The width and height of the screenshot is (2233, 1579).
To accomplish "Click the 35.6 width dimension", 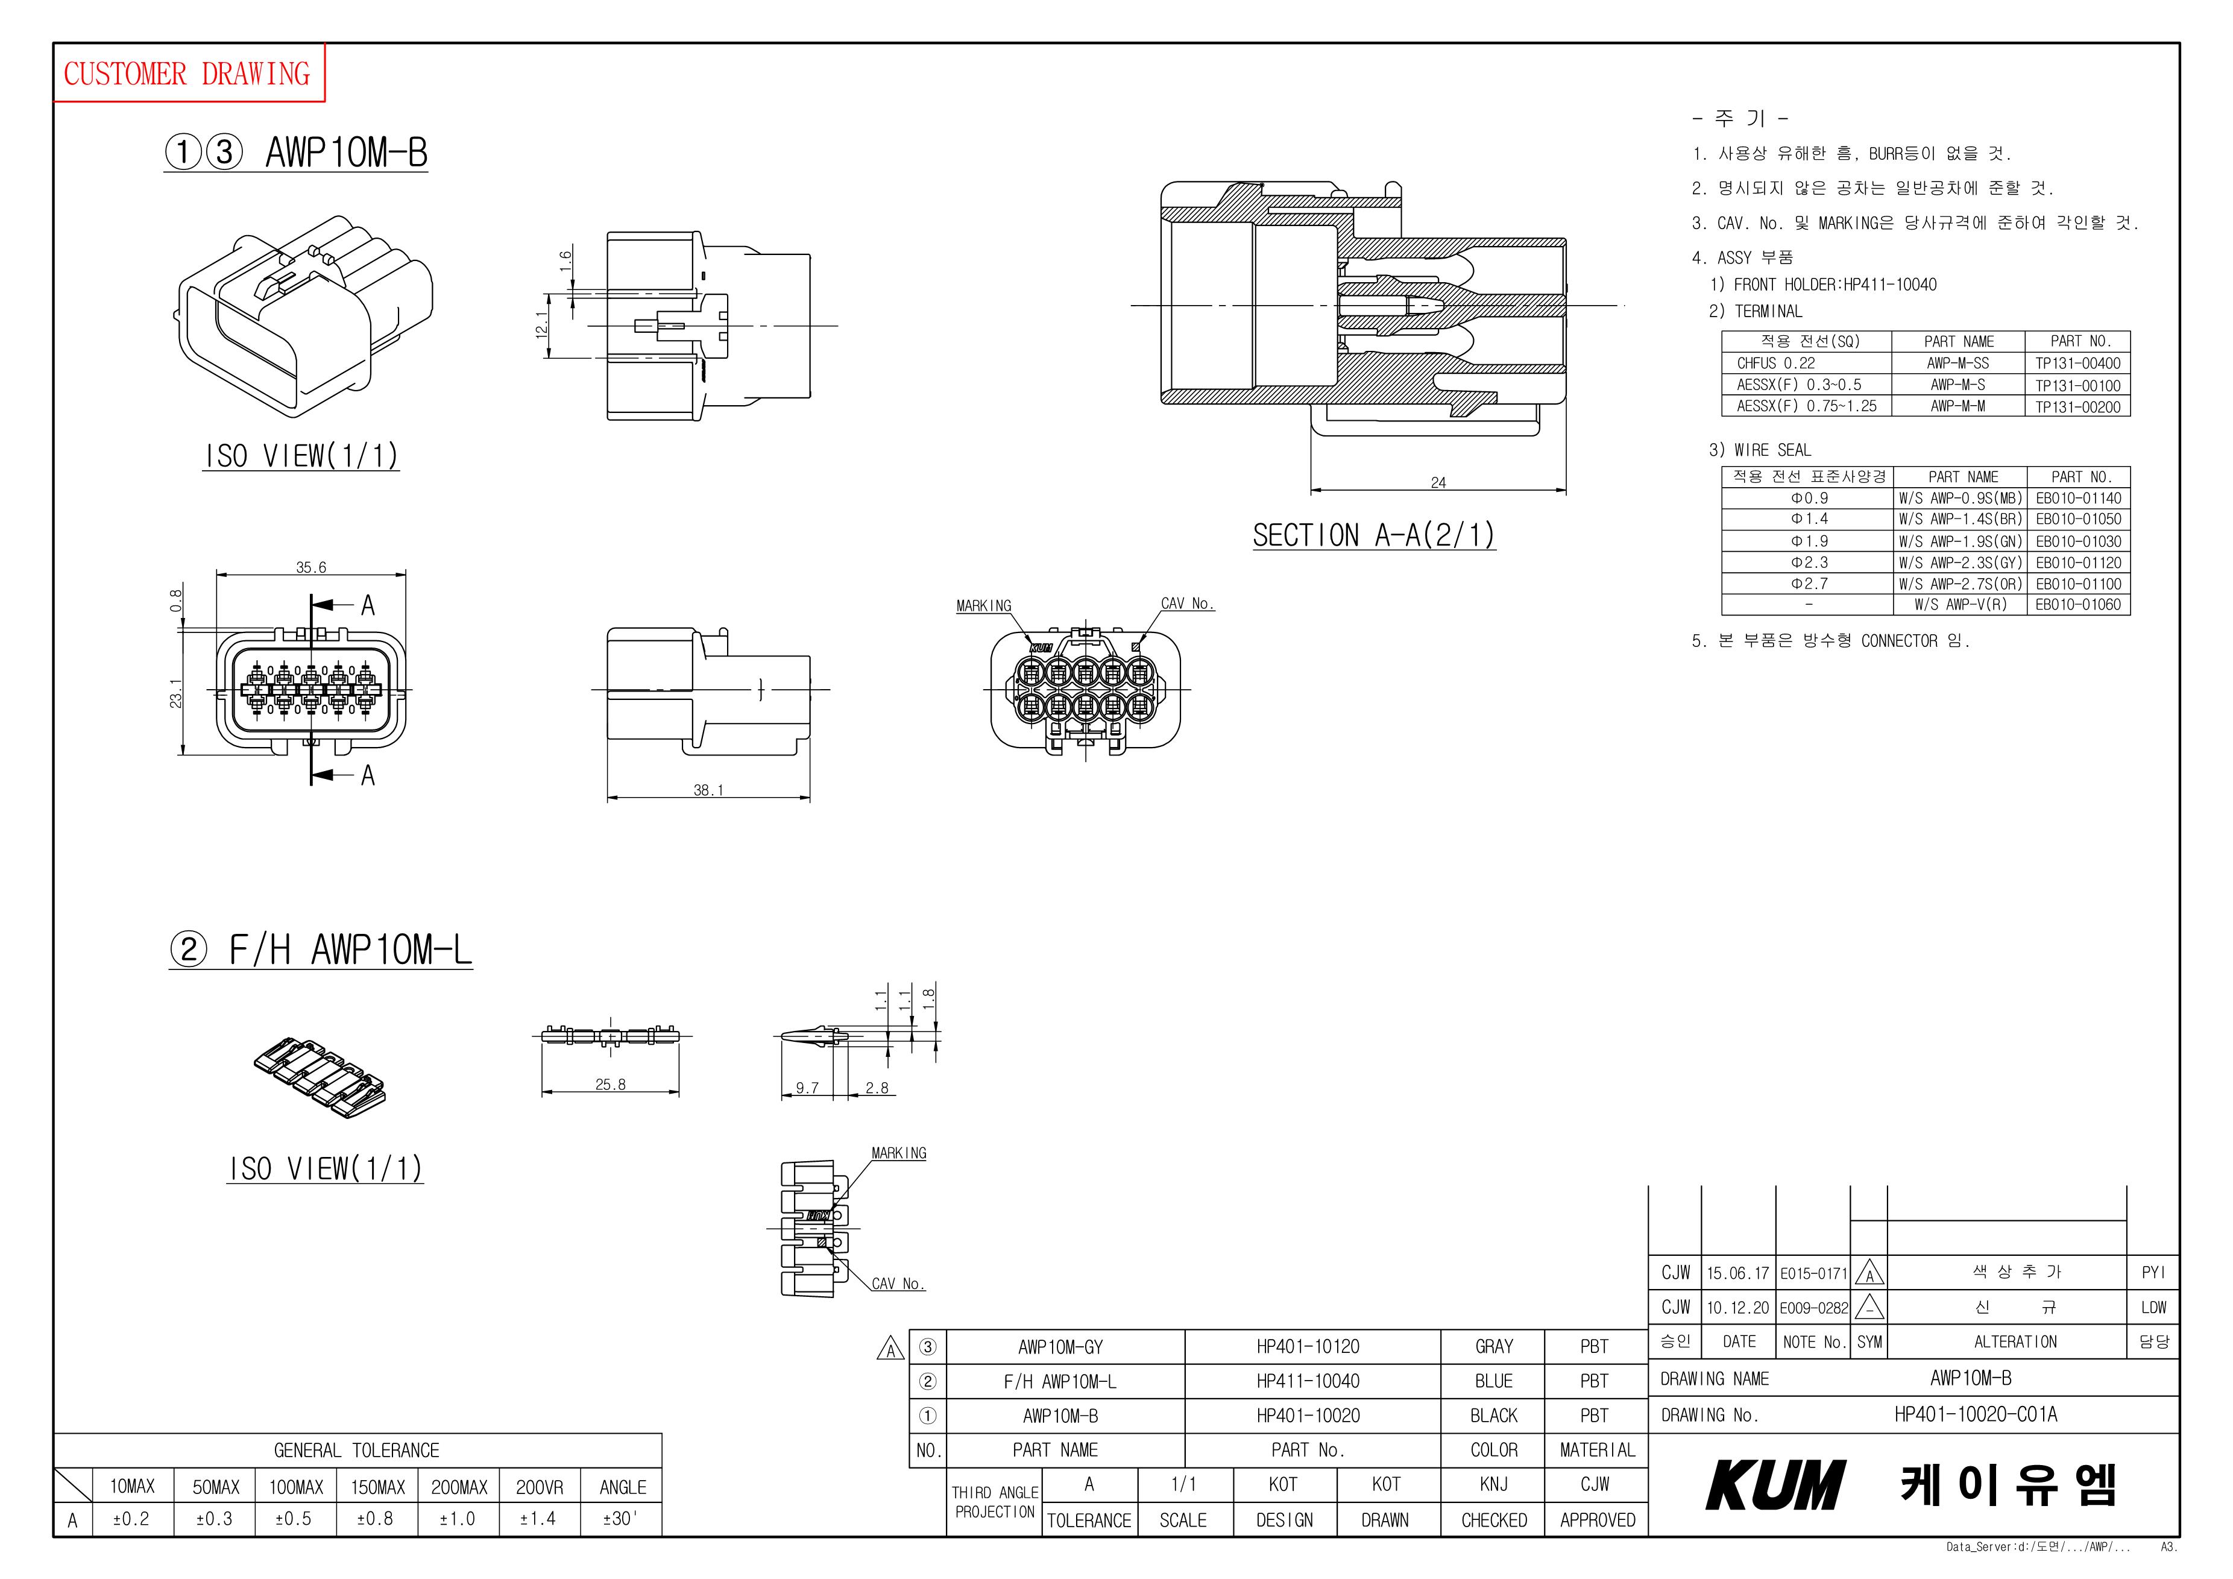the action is (x=311, y=567).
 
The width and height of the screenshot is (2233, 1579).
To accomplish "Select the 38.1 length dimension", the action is (x=708, y=790).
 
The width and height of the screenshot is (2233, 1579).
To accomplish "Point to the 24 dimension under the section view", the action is (x=1438, y=482).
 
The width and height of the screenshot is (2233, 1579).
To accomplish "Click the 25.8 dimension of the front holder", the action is (x=610, y=1084).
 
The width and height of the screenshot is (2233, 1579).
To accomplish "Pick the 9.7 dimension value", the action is (x=807, y=1088).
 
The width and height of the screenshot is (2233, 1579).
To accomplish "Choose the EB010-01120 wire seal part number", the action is (x=2078, y=563).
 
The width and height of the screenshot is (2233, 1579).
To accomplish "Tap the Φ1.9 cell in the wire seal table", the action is (x=1809, y=541).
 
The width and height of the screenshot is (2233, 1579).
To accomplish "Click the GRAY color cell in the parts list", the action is (x=1494, y=1346).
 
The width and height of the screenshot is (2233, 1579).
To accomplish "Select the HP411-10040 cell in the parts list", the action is (x=1308, y=1381).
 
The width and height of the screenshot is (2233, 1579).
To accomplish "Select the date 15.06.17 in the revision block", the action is (x=1738, y=1273).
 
